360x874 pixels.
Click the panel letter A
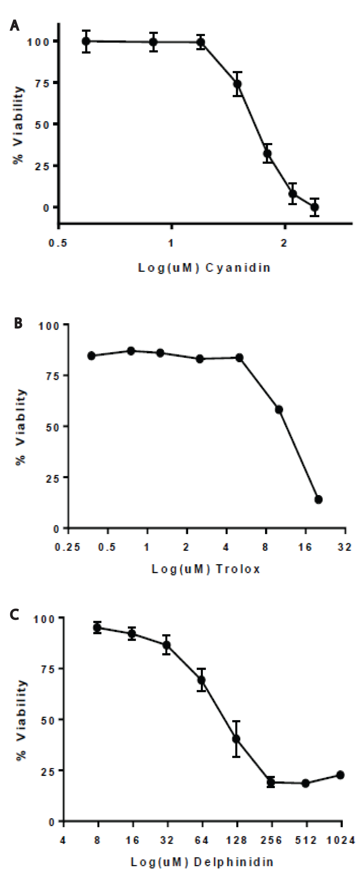(14, 25)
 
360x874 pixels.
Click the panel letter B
(18, 323)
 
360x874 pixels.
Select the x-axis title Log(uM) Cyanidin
(204, 268)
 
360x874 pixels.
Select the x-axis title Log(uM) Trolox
(206, 569)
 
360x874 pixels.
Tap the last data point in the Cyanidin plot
(315, 207)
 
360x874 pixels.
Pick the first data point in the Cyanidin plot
(86, 41)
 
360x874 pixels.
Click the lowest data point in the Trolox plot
(318, 499)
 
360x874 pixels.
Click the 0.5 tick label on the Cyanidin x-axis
(58, 243)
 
